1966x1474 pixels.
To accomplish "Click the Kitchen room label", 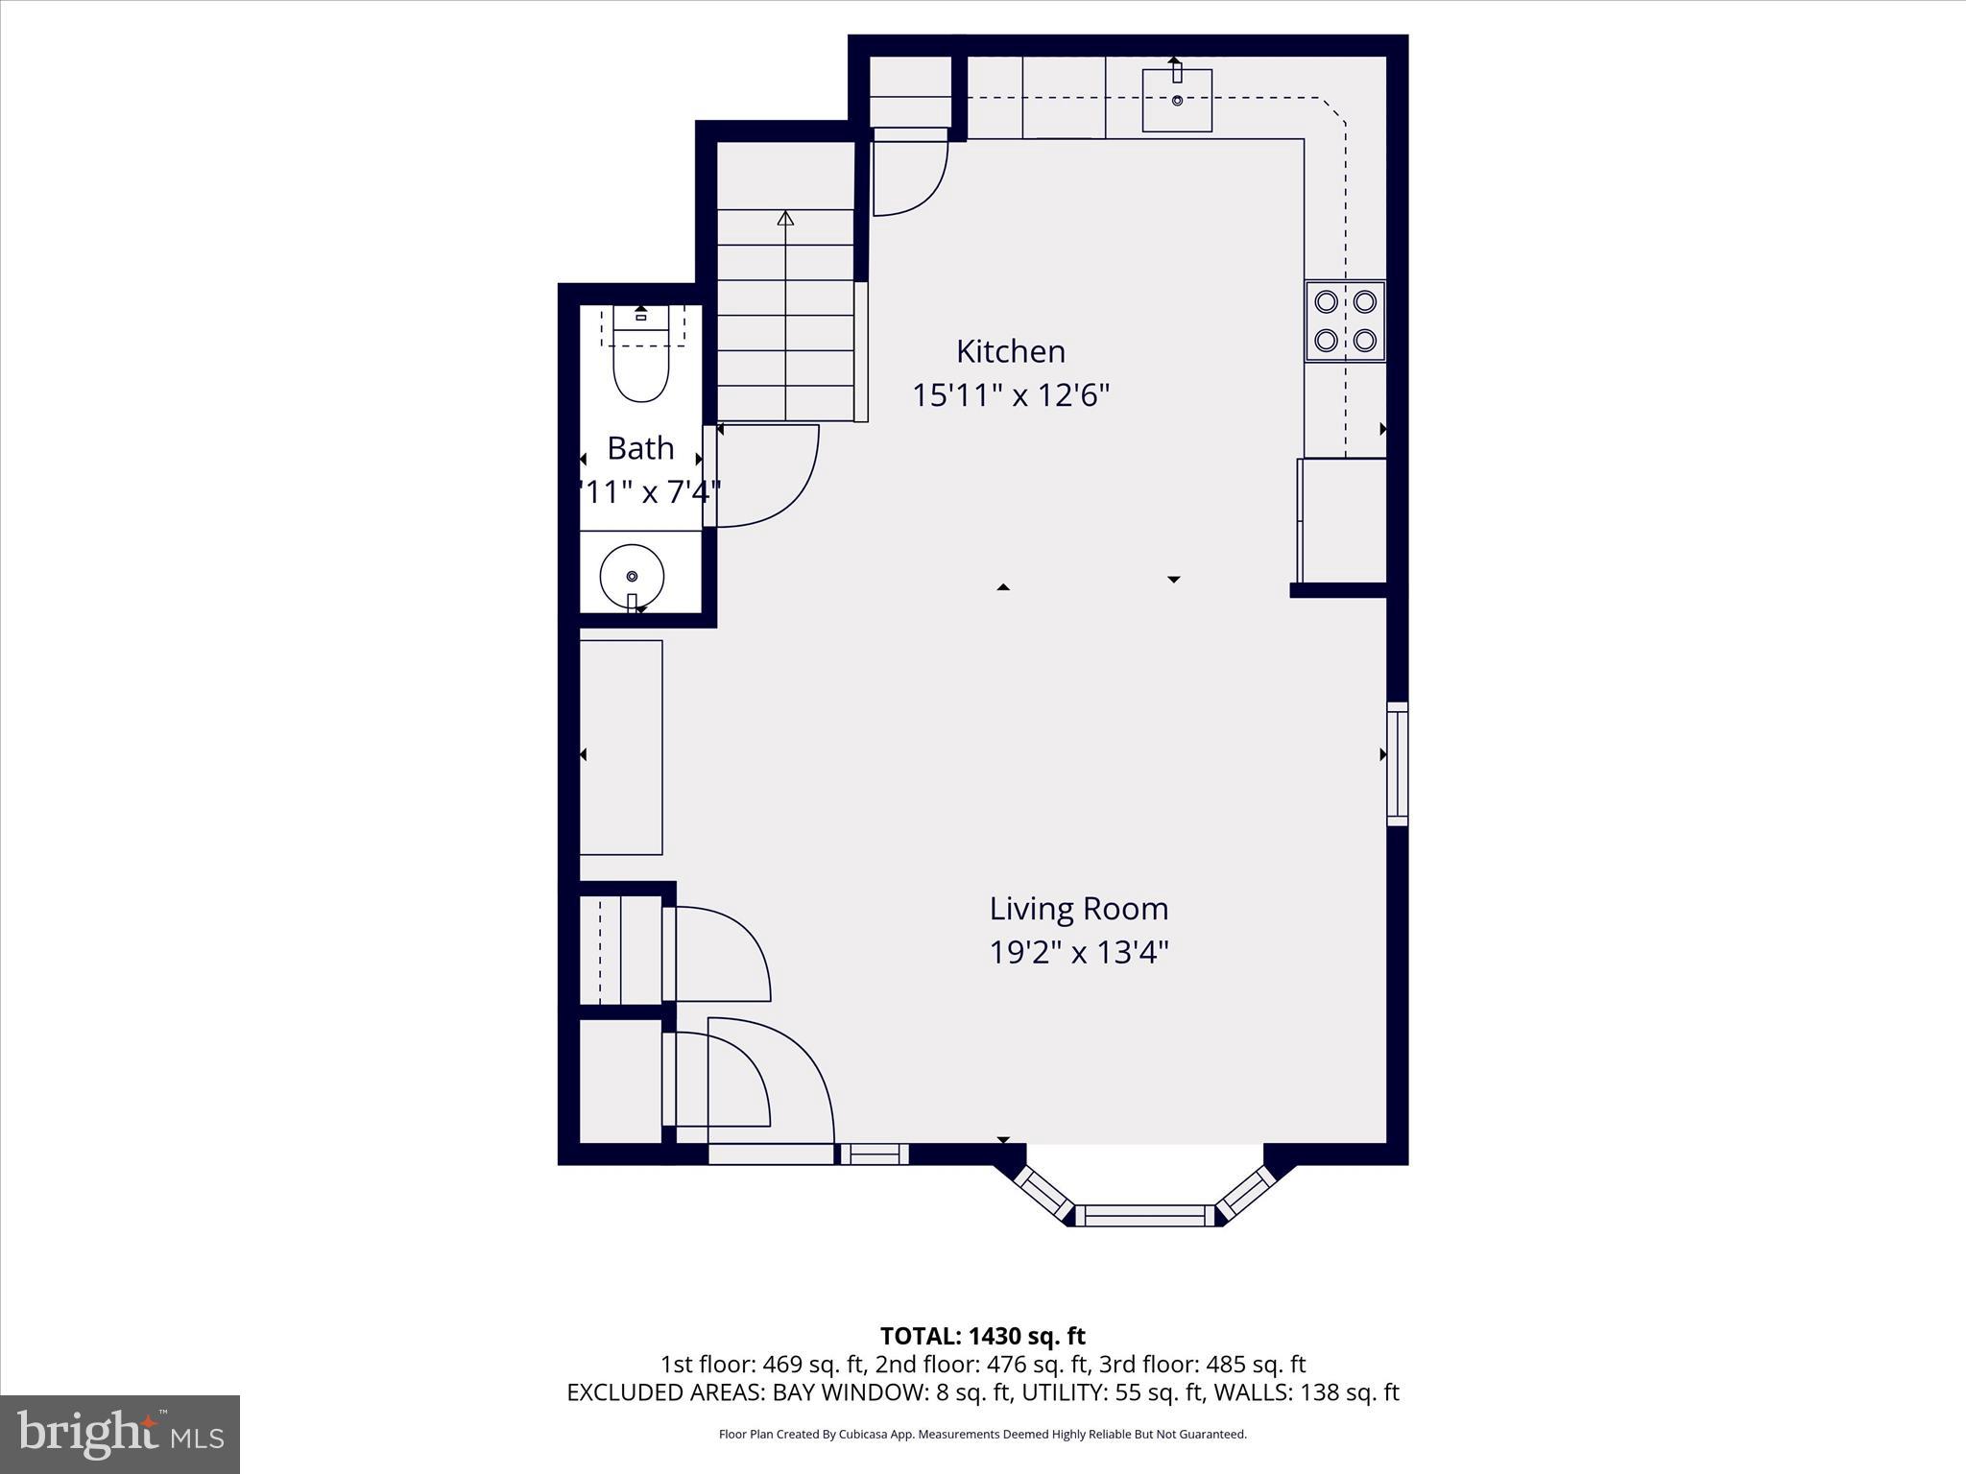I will click(x=1010, y=351).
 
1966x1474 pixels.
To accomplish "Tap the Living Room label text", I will click(x=1078, y=908).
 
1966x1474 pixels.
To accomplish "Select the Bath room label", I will click(x=640, y=448).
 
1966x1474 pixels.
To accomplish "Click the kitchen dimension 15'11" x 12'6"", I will click(x=1010, y=395).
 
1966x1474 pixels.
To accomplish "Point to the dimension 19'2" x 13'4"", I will click(x=1078, y=953).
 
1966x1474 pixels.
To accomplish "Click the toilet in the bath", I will click(x=641, y=369).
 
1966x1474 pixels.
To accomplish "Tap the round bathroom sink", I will click(x=632, y=576).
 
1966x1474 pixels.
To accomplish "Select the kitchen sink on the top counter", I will click(x=1177, y=100).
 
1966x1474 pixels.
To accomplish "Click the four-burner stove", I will click(x=1345, y=321).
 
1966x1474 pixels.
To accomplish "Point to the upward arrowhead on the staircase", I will click(x=786, y=219).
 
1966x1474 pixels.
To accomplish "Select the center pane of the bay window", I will click(x=1144, y=1216).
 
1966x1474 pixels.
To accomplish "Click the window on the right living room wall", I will click(x=1398, y=764).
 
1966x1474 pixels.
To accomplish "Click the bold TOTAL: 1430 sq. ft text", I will click(x=982, y=1336).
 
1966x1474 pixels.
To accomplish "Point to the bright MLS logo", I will click(x=120, y=1434).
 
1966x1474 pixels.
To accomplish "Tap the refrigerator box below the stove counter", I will click(x=1342, y=521).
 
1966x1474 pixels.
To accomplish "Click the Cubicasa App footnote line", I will click(x=982, y=1435).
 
